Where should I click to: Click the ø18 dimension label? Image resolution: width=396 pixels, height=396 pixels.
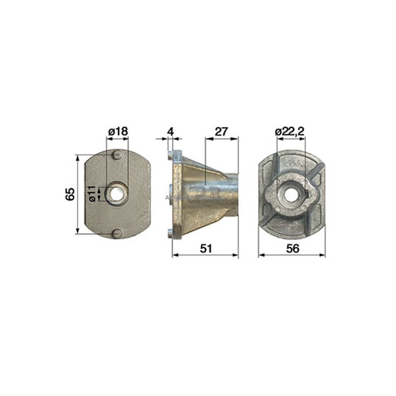[118, 131]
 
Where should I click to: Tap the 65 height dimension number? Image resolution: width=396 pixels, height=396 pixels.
[70, 194]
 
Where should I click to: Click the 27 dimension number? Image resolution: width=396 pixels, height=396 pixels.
[222, 131]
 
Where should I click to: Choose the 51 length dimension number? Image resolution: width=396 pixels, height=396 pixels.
[205, 248]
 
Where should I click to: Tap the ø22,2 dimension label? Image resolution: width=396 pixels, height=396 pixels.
[290, 131]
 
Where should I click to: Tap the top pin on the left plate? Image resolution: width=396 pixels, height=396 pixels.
[116, 154]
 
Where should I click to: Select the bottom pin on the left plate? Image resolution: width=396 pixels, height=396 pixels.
[116, 234]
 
